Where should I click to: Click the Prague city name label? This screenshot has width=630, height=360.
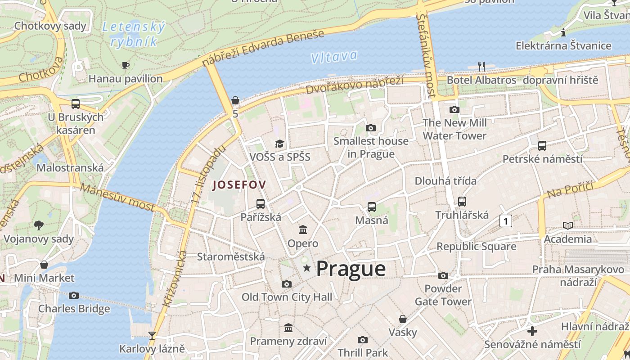(x=351, y=269)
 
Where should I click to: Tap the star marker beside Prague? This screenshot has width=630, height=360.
(x=307, y=269)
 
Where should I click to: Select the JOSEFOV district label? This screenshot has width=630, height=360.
(x=239, y=184)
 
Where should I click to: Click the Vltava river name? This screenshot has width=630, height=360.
(x=334, y=57)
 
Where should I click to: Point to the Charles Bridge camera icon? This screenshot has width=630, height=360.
(x=74, y=296)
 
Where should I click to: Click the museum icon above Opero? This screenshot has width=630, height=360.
(x=303, y=230)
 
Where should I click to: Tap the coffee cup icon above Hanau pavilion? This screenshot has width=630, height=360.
(x=126, y=66)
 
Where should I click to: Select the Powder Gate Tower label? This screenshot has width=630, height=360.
(x=443, y=295)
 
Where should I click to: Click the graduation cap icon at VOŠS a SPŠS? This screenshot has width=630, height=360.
(x=279, y=144)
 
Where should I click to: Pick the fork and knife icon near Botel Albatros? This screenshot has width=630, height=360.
(x=481, y=67)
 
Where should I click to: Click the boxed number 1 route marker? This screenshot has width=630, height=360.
(x=506, y=221)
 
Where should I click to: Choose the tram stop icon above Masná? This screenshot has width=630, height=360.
(x=371, y=207)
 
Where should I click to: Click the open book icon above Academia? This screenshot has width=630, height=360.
(x=568, y=225)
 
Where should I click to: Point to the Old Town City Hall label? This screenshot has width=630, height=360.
(x=287, y=297)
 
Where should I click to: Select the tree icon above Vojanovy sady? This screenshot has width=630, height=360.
(x=39, y=225)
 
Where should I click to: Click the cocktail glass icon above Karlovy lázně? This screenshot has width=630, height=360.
(x=152, y=335)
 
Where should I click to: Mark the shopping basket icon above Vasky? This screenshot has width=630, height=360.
(x=403, y=319)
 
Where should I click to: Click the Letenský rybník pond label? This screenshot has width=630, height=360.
(x=134, y=34)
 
